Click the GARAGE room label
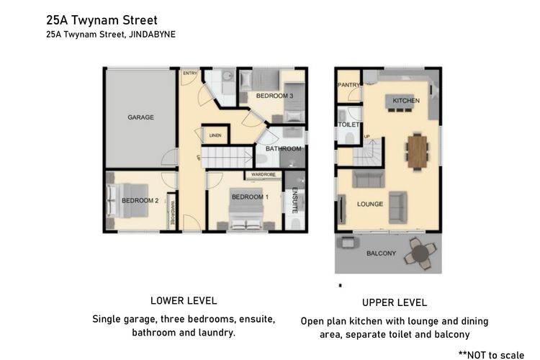[x=140, y=117]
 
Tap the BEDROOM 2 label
[x=140, y=200]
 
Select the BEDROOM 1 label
[x=249, y=197]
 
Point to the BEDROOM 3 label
[x=274, y=96]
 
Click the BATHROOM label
[x=283, y=149]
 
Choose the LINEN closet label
[x=215, y=135]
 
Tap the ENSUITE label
[x=294, y=200]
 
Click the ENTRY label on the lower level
[x=190, y=73]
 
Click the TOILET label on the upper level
[x=348, y=125]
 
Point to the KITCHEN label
[x=405, y=101]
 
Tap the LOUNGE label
[x=370, y=204]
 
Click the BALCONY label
[x=381, y=253]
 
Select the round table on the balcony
[x=420, y=253]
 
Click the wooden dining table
[x=416, y=150]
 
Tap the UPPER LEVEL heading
[x=394, y=302]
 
